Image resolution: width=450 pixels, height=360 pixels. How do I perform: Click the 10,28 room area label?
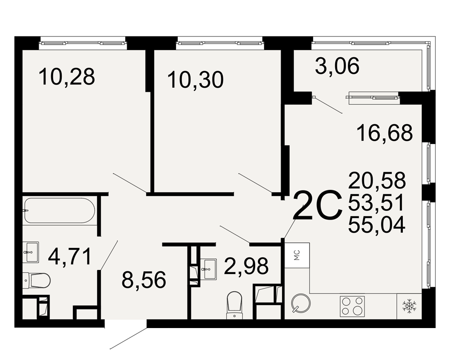click(x=67, y=77)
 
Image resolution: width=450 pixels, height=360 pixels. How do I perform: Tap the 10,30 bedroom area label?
click(x=195, y=80)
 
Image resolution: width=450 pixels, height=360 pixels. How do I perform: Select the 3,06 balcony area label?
click(x=337, y=66)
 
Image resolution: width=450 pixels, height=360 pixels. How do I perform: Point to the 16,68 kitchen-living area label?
click(x=385, y=133)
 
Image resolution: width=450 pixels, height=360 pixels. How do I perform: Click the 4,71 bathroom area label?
click(x=70, y=257)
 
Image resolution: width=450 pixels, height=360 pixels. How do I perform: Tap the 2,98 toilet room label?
click(x=247, y=266)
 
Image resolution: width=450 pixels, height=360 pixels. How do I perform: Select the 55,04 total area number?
click(x=377, y=224)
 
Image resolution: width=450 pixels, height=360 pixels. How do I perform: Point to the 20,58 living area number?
click(x=377, y=180)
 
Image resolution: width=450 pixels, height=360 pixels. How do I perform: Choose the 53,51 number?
click(x=376, y=202)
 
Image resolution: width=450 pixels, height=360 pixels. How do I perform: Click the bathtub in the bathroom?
click(x=59, y=211)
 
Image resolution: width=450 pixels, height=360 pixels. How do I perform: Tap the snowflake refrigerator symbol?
click(x=409, y=306)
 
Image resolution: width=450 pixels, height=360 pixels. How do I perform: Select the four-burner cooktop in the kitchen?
click(x=352, y=306)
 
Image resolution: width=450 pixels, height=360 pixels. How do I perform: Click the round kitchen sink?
click(x=301, y=303)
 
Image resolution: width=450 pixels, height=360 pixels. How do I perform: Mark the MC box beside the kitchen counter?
click(x=297, y=255)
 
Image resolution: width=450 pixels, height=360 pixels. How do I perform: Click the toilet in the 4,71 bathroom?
click(x=37, y=280)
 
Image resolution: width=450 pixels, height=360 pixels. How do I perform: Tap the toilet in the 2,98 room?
click(x=234, y=305)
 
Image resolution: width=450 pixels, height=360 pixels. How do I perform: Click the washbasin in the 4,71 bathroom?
click(x=31, y=252)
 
